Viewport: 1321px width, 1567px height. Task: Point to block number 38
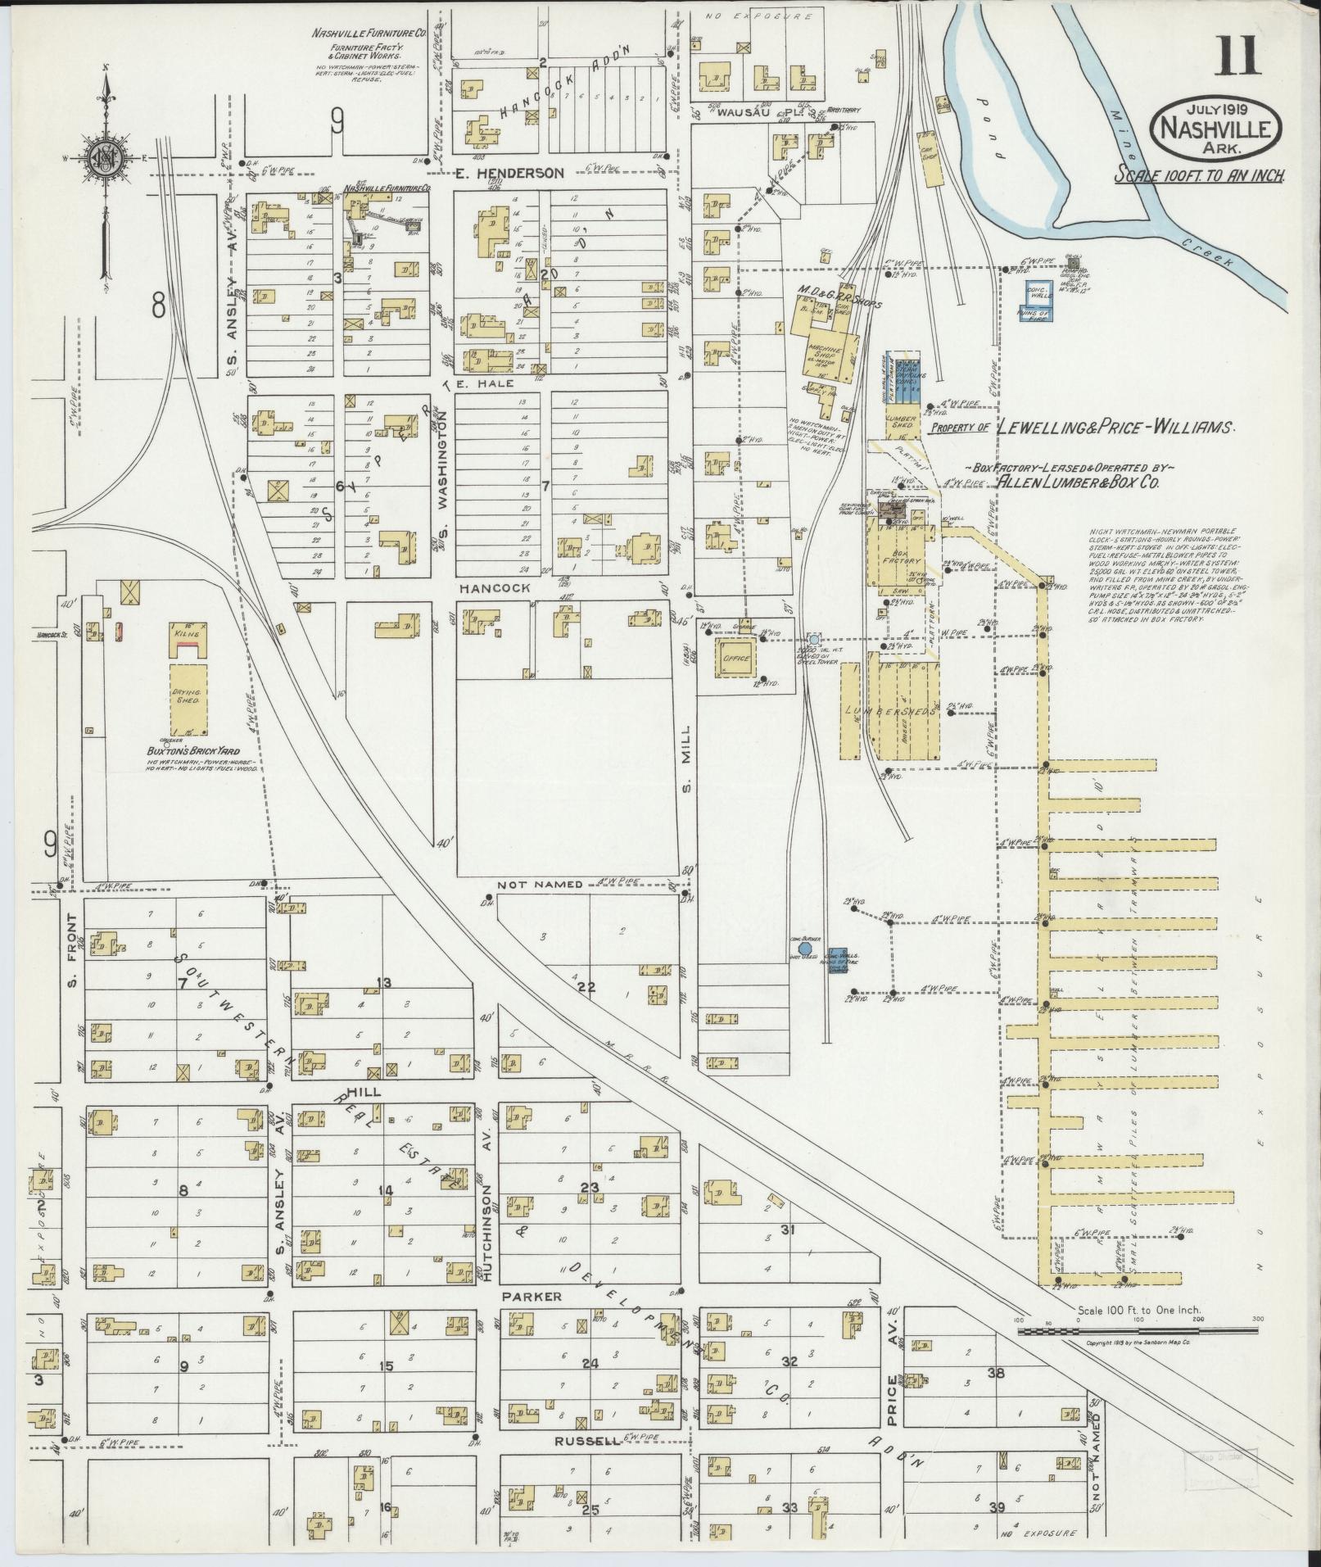996,1372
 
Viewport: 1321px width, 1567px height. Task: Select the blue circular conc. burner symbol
804,948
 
